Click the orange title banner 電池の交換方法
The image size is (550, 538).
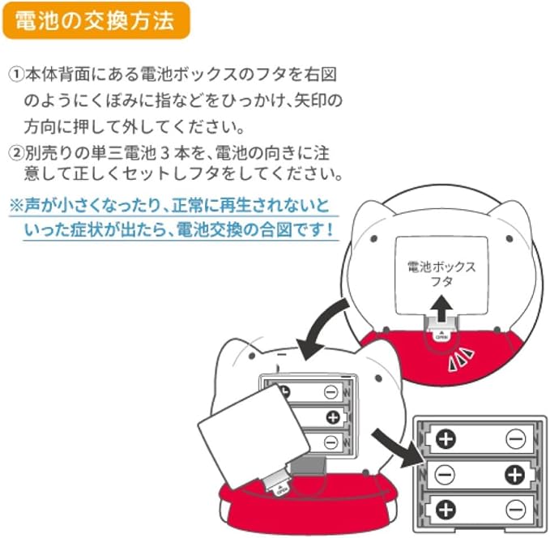tap(96, 20)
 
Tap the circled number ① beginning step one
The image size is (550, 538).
tap(16, 75)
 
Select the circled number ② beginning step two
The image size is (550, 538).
tap(16, 153)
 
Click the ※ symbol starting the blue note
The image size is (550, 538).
tap(16, 205)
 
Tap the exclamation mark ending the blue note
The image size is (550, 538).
tap(330, 229)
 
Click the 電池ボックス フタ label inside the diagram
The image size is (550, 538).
tap(441, 274)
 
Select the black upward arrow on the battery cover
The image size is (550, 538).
tap(442, 308)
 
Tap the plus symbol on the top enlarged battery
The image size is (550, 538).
tap(446, 438)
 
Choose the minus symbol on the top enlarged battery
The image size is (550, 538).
tap(516, 438)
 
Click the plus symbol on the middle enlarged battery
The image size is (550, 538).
tap(515, 475)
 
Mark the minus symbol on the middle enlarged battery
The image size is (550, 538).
tap(445, 475)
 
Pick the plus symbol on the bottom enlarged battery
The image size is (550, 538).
tap(446, 510)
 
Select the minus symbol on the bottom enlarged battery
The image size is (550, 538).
tap(516, 510)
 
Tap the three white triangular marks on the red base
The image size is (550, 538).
tap(462, 359)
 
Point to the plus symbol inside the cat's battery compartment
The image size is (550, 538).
tap(333, 417)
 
